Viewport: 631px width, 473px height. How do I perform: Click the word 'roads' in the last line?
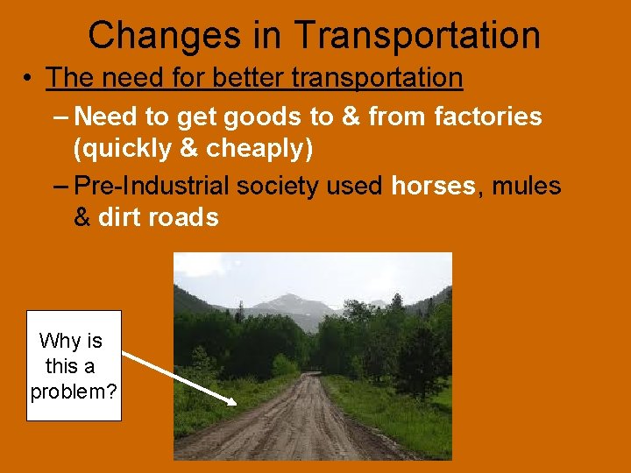pyautogui.click(x=185, y=217)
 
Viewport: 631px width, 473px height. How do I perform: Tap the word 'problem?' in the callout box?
pyautogui.click(x=74, y=391)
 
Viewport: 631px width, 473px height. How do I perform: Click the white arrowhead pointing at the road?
pyautogui.click(x=231, y=401)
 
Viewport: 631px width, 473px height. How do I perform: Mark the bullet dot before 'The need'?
pyautogui.click(x=30, y=79)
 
